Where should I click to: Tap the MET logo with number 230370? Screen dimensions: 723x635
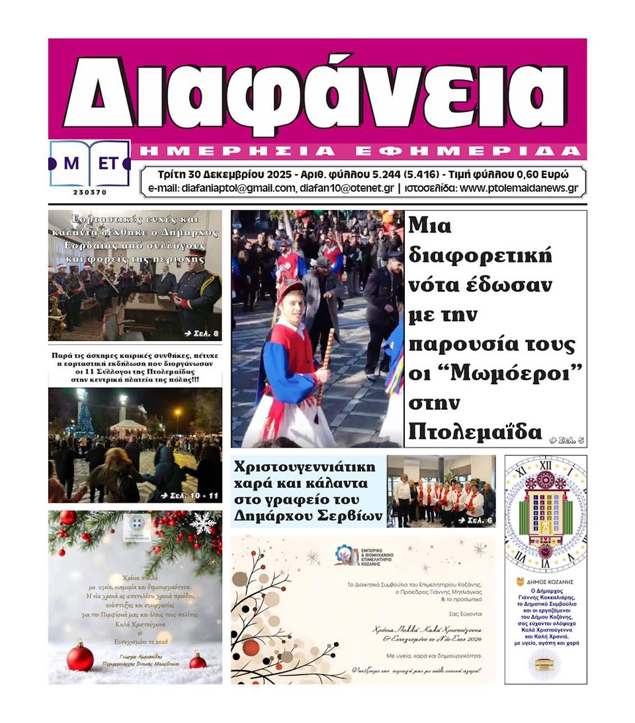90,165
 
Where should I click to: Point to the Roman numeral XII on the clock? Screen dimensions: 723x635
545,465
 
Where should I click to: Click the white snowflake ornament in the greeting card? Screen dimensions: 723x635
202,523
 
